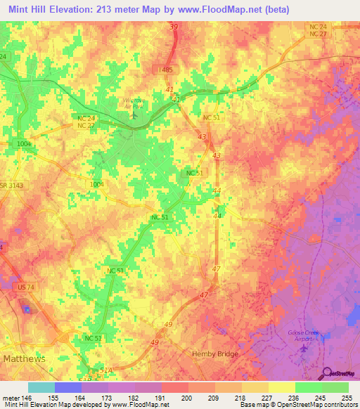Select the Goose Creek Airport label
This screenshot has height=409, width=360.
coord(304,336)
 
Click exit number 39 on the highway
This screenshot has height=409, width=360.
coord(173,27)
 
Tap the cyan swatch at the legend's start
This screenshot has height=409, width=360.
coord(41,387)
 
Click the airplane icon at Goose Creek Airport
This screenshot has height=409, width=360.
coord(304,349)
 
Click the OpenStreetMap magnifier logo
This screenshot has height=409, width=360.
coord(326,372)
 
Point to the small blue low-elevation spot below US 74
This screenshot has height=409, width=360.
coord(27,309)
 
